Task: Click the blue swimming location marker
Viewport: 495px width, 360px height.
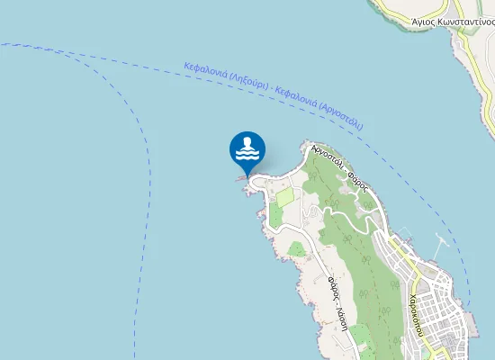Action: [x=247, y=149]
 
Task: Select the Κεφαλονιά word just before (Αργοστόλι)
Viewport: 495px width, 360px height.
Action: [x=299, y=96]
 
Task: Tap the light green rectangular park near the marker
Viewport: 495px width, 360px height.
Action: [x=285, y=196]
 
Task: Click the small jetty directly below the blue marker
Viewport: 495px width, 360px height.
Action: [x=240, y=177]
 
